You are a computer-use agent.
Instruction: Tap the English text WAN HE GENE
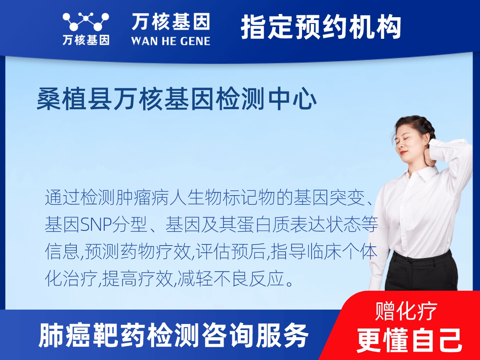coord(171,40)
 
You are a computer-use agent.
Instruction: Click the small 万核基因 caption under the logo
coord(86,40)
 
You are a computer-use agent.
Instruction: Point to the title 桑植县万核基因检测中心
coord(177,100)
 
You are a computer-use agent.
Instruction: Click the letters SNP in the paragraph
coord(92,225)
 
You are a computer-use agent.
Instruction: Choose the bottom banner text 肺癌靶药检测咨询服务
coord(174,335)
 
